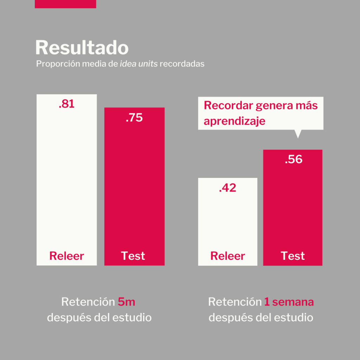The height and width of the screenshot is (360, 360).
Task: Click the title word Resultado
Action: click(x=82, y=47)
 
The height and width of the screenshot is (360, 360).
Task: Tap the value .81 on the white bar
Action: click(x=66, y=104)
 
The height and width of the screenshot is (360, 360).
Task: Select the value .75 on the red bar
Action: click(x=134, y=118)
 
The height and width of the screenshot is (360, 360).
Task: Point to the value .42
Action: click(x=227, y=188)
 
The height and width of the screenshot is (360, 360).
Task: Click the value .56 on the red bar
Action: click(x=294, y=159)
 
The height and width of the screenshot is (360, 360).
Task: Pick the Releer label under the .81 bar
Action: click(x=66, y=256)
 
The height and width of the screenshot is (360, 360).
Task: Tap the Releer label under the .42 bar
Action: click(x=227, y=256)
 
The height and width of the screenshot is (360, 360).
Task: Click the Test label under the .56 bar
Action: click(x=293, y=256)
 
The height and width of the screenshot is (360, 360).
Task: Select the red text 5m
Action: click(x=127, y=302)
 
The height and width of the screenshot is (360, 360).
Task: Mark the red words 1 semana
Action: click(x=289, y=302)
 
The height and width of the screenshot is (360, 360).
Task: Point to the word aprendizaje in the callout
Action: click(x=234, y=121)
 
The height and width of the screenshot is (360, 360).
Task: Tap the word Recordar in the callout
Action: click(x=228, y=105)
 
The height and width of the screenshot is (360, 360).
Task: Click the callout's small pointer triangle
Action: click(x=298, y=133)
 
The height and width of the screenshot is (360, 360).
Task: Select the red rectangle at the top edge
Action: click(x=65, y=4)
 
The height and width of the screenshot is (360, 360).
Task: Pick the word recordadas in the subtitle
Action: click(x=182, y=65)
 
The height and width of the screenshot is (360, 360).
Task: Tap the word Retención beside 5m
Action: click(x=88, y=302)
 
